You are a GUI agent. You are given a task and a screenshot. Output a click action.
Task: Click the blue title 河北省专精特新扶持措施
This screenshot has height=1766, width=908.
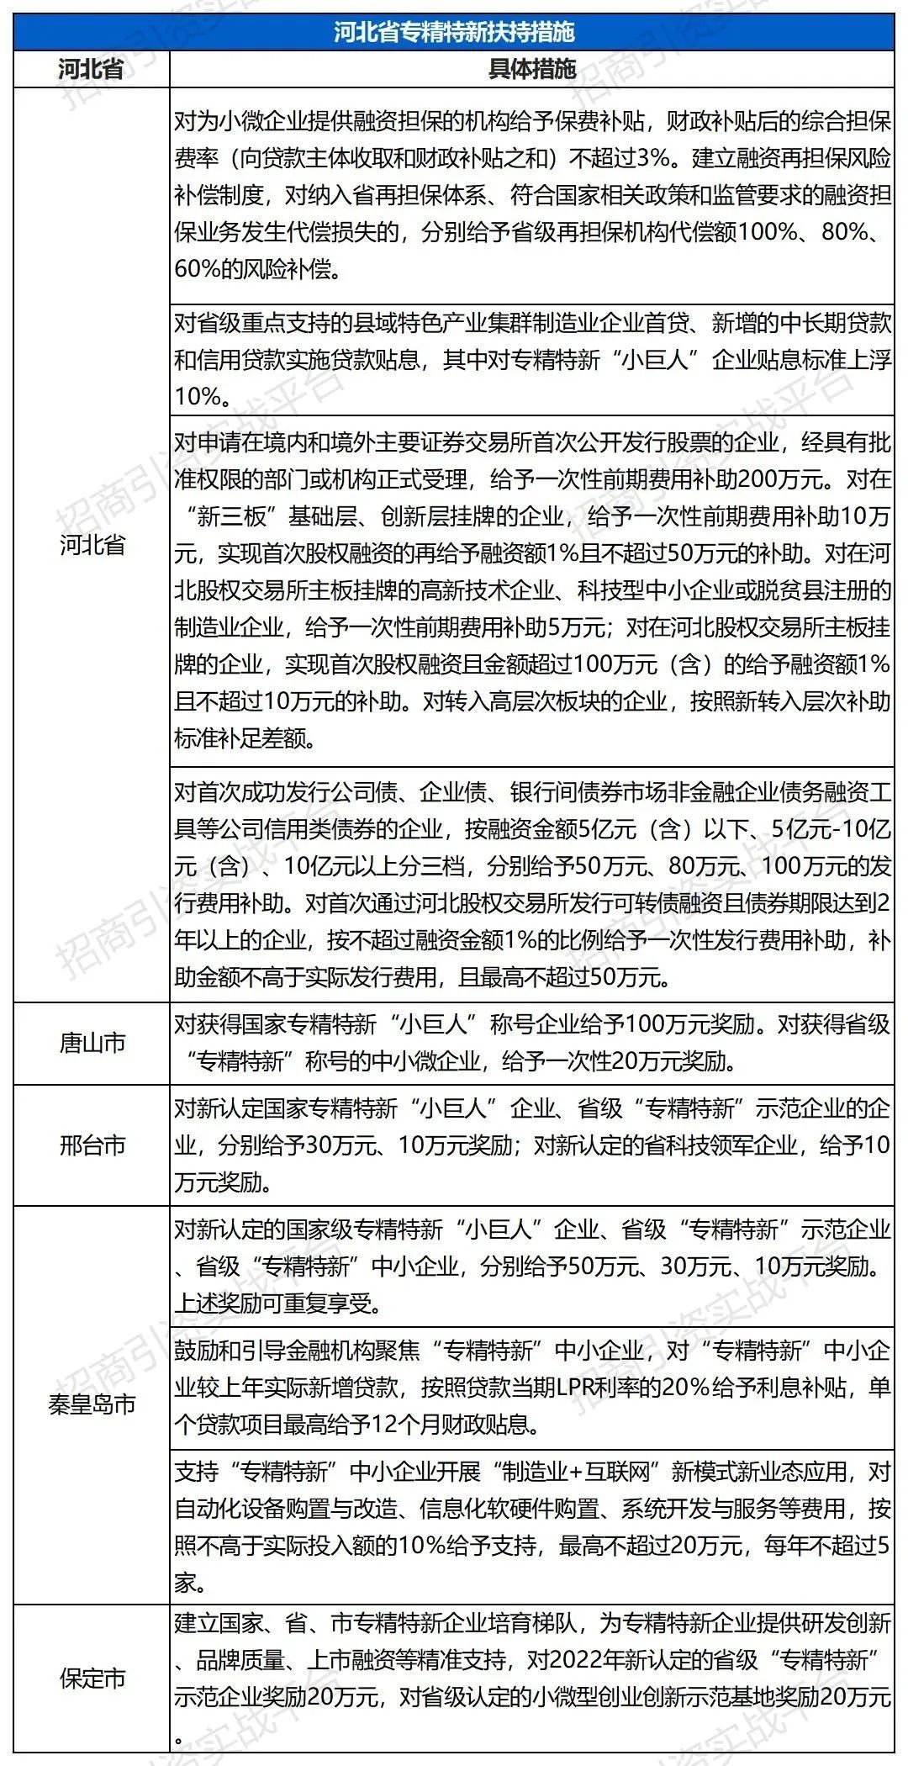(453, 32)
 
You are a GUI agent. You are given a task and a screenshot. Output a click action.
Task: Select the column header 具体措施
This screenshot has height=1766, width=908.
(531, 69)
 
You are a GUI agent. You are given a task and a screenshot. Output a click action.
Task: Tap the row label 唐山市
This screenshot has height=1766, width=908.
(92, 1043)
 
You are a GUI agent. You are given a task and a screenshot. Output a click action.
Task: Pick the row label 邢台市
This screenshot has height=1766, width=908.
(92, 1145)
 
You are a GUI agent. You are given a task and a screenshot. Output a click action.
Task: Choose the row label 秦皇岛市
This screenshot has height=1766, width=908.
(92, 1404)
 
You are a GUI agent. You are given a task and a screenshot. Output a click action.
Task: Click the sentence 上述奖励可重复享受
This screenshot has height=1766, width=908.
(277, 1303)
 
